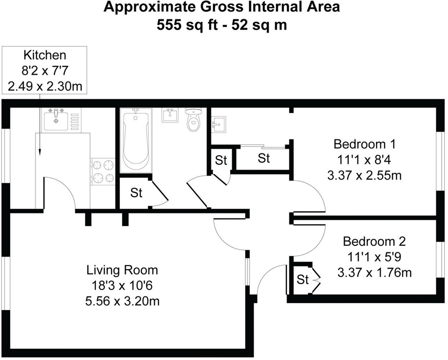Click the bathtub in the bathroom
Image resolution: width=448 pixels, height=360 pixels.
[x=135, y=140]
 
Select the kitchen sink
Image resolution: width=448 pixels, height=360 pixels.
[x=56, y=119]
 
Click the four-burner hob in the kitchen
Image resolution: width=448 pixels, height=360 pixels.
[x=104, y=171]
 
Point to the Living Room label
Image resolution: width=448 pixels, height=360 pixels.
[x=122, y=270]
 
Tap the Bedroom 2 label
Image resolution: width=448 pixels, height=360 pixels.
[x=374, y=241]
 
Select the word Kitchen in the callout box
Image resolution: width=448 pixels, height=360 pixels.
[x=45, y=55]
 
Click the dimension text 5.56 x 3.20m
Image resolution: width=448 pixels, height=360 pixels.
[x=122, y=300]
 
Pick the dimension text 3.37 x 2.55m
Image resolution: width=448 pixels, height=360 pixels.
[x=364, y=175]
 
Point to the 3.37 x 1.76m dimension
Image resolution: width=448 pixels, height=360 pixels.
[x=374, y=272]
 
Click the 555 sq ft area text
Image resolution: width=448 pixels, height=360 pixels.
[x=189, y=25]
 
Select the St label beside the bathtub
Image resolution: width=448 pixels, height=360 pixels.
[x=136, y=193]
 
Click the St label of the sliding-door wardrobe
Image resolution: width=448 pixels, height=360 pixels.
[x=263, y=158]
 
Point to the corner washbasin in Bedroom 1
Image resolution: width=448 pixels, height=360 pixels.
[x=219, y=123]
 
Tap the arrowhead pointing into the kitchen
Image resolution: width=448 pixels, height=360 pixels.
[x=41, y=153]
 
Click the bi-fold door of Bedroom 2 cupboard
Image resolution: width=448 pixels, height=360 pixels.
[x=315, y=280]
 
